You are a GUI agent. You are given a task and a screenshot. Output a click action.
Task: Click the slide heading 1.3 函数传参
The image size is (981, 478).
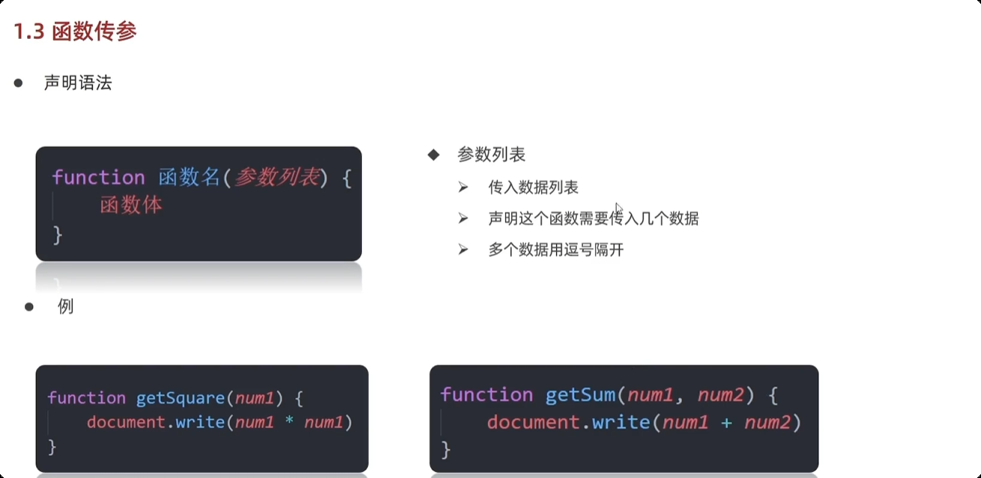pyautogui.click(x=76, y=32)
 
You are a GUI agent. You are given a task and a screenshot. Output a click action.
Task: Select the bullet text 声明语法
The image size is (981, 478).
pyautogui.click(x=78, y=83)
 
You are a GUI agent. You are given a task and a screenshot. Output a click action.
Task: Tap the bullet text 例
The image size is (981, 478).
pyautogui.click(x=66, y=306)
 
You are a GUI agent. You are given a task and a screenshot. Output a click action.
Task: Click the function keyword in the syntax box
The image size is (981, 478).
pyautogui.click(x=98, y=178)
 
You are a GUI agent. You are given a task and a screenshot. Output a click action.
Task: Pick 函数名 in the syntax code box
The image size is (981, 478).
pyautogui.click(x=189, y=178)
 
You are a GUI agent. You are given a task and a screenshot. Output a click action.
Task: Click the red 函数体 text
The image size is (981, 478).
pyautogui.click(x=131, y=205)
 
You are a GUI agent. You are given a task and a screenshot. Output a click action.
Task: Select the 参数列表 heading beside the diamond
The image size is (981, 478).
pyautogui.click(x=492, y=155)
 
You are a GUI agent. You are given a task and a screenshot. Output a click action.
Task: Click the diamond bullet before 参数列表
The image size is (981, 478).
pyautogui.click(x=433, y=155)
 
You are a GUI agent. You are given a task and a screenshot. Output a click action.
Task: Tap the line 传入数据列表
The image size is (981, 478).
pyautogui.click(x=534, y=188)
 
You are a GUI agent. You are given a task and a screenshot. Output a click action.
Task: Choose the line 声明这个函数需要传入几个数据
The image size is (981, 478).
pyautogui.click(x=594, y=219)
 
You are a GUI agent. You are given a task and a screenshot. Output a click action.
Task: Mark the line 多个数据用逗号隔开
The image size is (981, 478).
pyautogui.click(x=556, y=250)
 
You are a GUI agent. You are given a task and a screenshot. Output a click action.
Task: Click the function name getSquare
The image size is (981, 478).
pyautogui.click(x=180, y=398)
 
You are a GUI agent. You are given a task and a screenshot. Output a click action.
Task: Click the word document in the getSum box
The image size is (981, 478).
pyautogui.click(x=533, y=423)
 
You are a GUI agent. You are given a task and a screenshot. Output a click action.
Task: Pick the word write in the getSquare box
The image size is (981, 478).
pyautogui.click(x=200, y=423)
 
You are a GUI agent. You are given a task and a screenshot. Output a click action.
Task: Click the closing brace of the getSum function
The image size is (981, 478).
pyautogui.click(x=446, y=450)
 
